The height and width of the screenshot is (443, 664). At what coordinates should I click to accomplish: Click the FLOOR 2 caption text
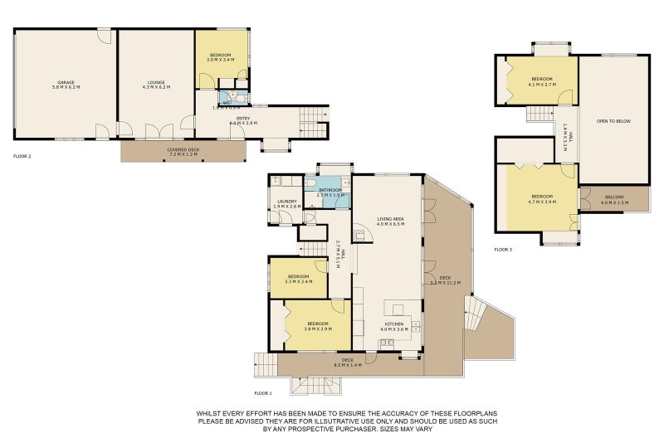(x=22, y=156)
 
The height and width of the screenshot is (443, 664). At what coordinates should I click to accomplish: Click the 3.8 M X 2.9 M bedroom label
(x=318, y=325)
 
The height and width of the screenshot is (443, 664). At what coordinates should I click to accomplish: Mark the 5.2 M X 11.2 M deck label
(x=445, y=280)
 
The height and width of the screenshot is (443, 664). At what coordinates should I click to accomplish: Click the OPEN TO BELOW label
(x=613, y=121)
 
